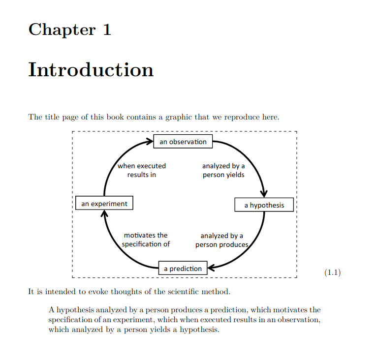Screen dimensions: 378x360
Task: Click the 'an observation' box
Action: pos(183,142)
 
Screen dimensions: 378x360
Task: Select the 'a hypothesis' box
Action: pos(264,205)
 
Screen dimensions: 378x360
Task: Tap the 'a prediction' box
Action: pos(183,268)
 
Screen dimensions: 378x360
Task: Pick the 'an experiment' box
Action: pos(104,203)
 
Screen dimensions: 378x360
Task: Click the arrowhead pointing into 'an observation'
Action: pos(150,141)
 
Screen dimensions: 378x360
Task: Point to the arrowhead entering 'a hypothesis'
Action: pos(264,194)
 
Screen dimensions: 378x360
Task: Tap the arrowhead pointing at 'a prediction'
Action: pos(211,268)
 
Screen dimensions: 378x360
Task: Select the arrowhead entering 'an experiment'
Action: pos(104,213)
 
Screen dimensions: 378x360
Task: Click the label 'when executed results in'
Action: pos(142,170)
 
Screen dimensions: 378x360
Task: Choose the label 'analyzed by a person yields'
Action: pos(223,170)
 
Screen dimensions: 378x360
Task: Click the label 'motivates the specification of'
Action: pos(146,240)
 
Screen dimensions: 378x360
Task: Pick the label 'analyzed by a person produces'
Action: pos(222,240)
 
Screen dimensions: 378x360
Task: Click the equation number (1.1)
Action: pos(332,272)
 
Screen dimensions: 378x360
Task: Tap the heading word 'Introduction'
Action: pos(91,70)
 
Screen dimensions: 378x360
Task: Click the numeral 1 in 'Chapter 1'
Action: pos(107,30)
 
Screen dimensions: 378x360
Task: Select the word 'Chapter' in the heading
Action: pos(62,30)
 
